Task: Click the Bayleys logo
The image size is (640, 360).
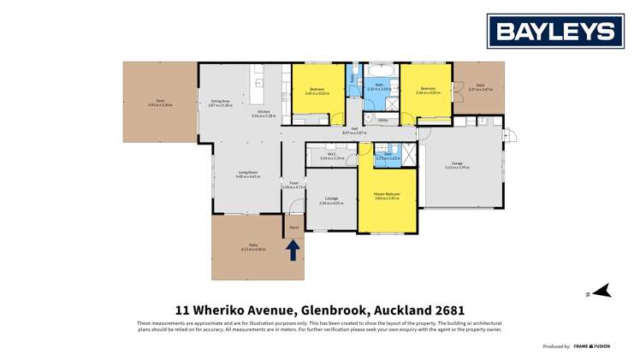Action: pyautogui.click(x=554, y=32)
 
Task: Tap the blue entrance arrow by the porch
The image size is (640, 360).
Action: pyautogui.click(x=293, y=250)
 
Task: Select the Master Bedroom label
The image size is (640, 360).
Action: pyautogui.click(x=387, y=196)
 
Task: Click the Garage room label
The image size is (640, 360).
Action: pyautogui.click(x=457, y=164)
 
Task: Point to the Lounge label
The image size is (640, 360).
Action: pyautogui.click(x=330, y=200)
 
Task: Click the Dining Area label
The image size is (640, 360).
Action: pyautogui.click(x=220, y=103)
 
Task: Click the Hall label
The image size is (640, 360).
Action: pyautogui.click(x=353, y=130)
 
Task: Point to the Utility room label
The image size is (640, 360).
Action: pyautogui.click(x=382, y=120)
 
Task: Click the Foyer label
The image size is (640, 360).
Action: pyautogui.click(x=293, y=183)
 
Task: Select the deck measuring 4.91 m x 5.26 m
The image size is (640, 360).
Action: pyautogui.click(x=160, y=103)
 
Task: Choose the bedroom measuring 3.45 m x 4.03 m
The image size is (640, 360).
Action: pyautogui.click(x=317, y=91)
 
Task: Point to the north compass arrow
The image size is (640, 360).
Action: pyautogui.click(x=601, y=292)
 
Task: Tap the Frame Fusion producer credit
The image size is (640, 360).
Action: pyautogui.click(x=591, y=346)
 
